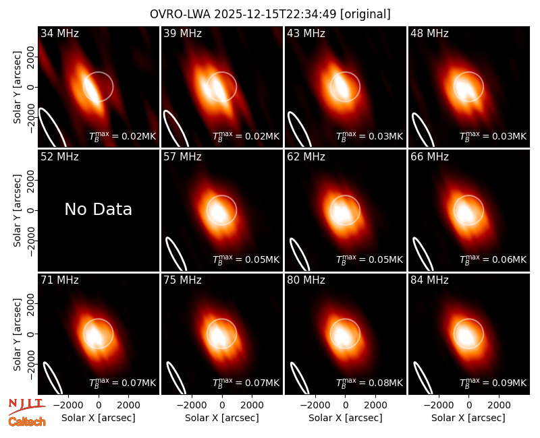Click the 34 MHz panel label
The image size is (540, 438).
pyautogui.click(x=59, y=33)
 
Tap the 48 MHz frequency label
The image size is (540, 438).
pyautogui.click(x=429, y=33)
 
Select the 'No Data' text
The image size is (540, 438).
pyautogui.click(x=98, y=209)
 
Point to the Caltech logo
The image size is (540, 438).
pyautogui.click(x=27, y=422)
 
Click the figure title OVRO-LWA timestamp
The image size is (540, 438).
pyautogui.click(x=270, y=14)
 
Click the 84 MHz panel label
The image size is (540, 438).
pyautogui.click(x=429, y=280)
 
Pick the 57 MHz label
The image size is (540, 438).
pyautogui.click(x=182, y=157)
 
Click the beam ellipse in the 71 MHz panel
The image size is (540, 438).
pyautogui.click(x=53, y=378)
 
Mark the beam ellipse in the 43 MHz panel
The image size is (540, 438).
pyautogui.click(x=300, y=129)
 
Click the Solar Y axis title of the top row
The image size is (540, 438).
pyautogui.click(x=17, y=88)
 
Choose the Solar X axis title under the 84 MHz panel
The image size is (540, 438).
pyautogui.click(x=468, y=418)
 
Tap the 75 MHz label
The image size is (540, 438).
pyautogui.click(x=182, y=280)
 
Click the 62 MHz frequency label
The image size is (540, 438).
pyautogui.click(x=306, y=157)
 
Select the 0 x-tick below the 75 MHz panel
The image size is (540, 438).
pyautogui.click(x=222, y=406)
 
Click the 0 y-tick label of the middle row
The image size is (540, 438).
pyautogui.click(x=30, y=210)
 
